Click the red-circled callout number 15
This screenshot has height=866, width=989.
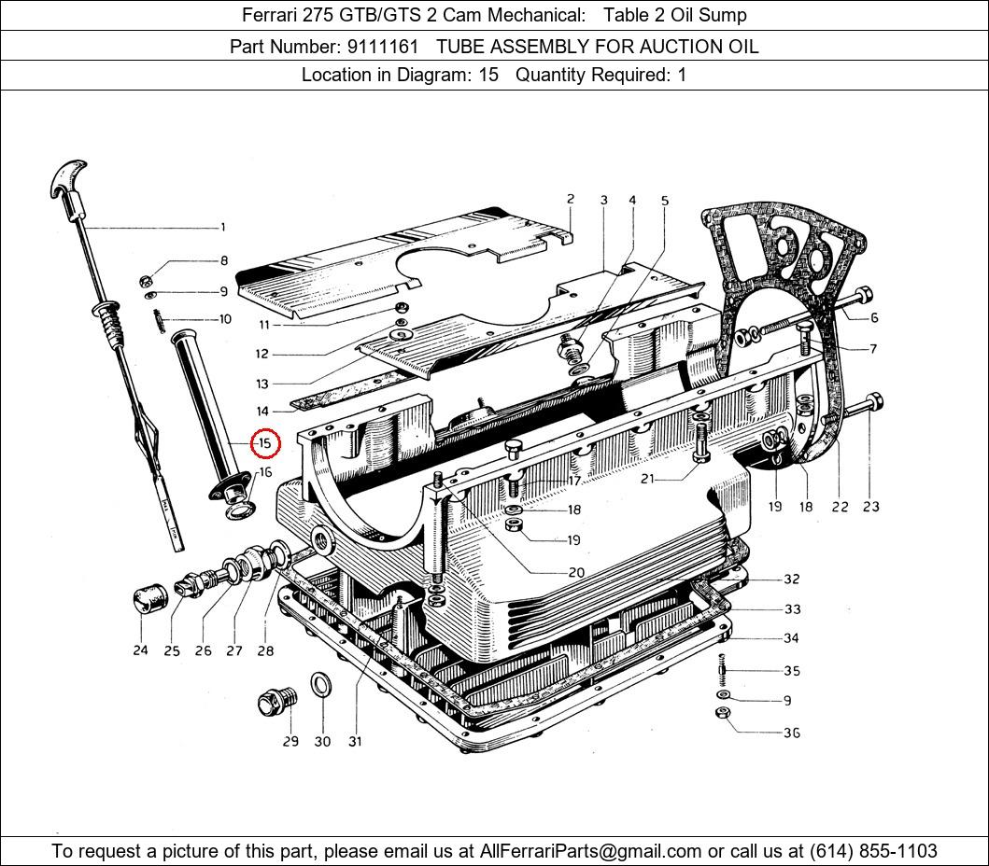265,442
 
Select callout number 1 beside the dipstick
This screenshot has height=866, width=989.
222,227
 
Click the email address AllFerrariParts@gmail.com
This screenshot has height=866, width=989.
590,851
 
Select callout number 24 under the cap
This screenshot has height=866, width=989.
140,649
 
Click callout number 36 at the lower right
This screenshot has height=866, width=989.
791,733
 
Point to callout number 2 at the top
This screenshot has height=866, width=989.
570,199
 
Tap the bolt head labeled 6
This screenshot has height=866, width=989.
865,297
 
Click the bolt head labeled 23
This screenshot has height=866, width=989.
874,403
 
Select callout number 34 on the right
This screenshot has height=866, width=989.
791,639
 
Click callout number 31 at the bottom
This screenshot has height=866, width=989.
355,742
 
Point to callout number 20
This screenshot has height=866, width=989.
576,572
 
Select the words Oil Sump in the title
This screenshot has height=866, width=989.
712,15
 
